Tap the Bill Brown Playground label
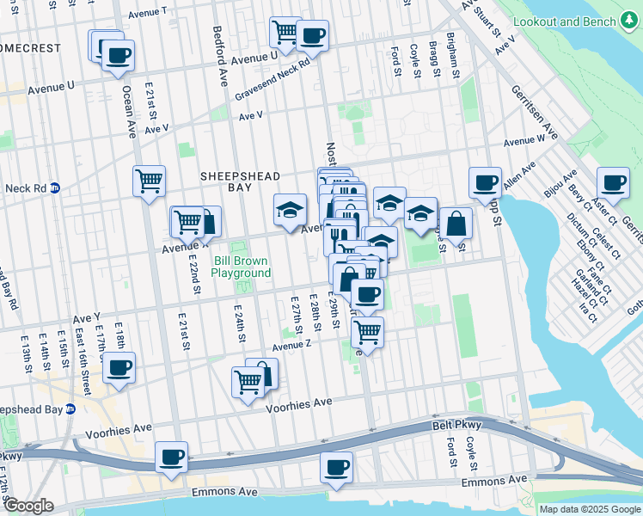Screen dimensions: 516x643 click(241, 267)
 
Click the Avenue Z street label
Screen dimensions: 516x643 click(291, 346)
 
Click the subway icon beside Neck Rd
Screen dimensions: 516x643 click(55, 187)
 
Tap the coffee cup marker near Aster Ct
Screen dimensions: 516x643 click(613, 182)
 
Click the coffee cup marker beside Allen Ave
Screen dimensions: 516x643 click(485, 182)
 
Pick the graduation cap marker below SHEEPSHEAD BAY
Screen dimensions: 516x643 click(290, 210)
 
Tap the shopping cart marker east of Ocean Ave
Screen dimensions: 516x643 click(149, 181)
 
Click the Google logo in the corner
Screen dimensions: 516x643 click(29, 506)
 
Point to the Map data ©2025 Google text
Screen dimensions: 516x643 click(589, 509)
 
